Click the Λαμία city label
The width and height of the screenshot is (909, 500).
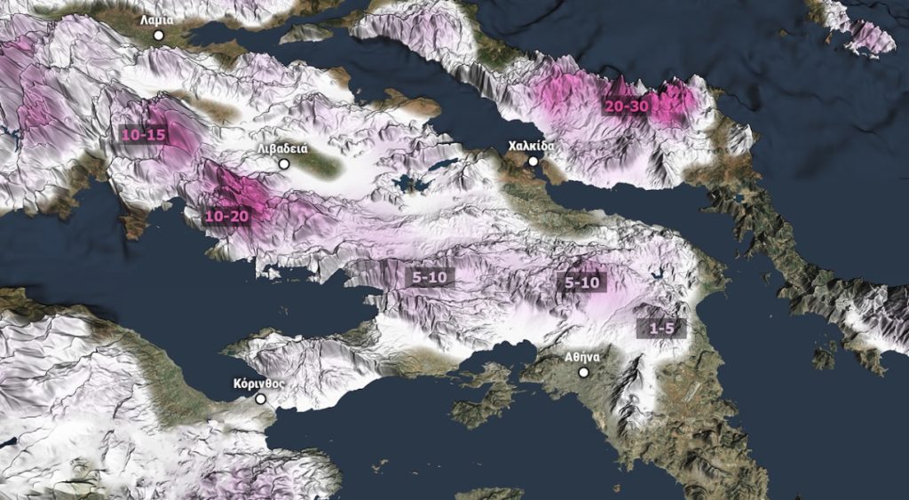156,19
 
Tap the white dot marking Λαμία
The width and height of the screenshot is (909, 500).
159,35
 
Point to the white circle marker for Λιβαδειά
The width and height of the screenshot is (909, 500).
284,164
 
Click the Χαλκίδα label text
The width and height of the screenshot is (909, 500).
532,145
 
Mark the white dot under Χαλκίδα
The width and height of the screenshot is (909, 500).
533,161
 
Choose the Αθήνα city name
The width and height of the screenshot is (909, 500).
582,356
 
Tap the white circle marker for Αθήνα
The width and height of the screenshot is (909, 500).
583,372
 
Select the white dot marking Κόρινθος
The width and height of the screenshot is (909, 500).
261,399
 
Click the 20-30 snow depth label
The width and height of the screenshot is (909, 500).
627,105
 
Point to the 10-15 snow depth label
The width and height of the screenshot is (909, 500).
144,135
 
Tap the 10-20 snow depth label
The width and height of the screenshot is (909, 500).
226,216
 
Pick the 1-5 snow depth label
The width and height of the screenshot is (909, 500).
661,329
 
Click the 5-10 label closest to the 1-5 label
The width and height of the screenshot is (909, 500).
582,283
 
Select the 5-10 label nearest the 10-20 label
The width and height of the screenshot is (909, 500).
431,277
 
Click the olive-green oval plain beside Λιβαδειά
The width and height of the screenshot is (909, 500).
316,163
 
